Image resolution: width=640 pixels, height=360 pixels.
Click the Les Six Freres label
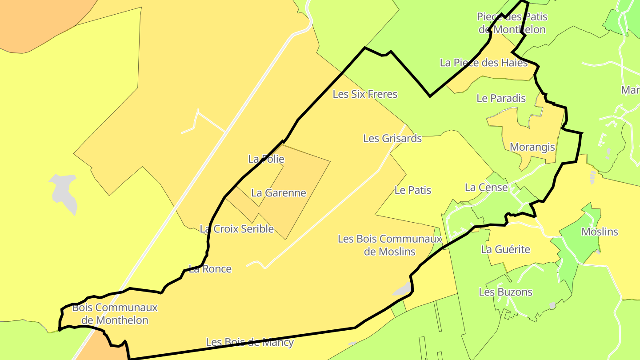(365, 94)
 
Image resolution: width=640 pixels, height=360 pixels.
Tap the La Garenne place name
(279, 193)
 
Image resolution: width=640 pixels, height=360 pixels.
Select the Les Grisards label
(392, 138)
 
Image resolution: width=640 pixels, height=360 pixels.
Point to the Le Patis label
(413, 190)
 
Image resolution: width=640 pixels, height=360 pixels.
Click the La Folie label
(266, 159)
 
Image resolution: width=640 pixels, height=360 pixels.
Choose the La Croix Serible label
(237, 229)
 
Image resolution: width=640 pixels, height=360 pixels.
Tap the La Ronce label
(210, 269)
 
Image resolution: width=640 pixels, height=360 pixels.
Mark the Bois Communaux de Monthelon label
(115, 314)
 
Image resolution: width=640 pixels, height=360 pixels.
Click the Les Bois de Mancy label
(250, 342)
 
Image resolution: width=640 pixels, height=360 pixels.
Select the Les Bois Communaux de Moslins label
(390, 245)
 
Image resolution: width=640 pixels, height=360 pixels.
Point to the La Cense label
(486, 188)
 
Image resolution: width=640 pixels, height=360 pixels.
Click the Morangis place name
(532, 147)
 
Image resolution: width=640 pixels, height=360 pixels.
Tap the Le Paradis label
(501, 99)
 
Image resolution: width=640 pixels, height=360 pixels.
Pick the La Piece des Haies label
(484, 63)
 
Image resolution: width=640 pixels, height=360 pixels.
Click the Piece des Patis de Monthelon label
(512, 23)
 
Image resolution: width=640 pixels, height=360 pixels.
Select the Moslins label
(600, 232)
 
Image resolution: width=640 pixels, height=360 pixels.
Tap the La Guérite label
(505, 250)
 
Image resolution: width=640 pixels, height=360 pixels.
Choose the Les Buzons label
(505, 292)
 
